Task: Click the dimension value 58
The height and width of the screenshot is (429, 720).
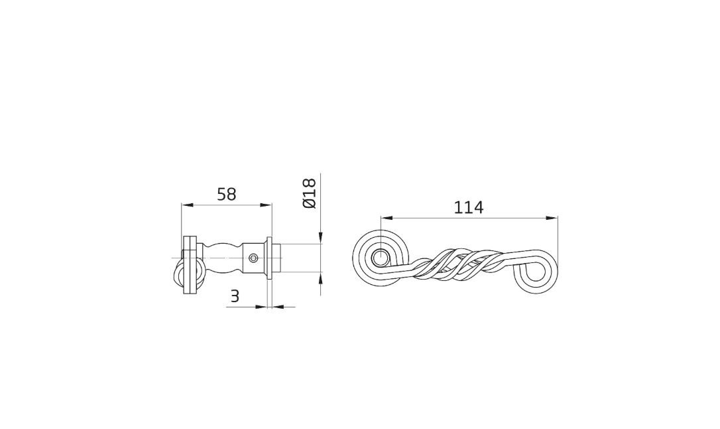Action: (226, 194)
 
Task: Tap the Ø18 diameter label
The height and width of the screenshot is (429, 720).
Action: (310, 193)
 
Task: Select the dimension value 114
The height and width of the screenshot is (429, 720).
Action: (468, 207)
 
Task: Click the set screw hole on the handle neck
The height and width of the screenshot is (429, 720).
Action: (253, 258)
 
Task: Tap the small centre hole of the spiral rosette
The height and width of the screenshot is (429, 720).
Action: (380, 258)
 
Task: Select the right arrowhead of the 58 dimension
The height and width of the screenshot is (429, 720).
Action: (267, 205)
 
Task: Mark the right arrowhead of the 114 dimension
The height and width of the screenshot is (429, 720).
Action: (552, 218)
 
